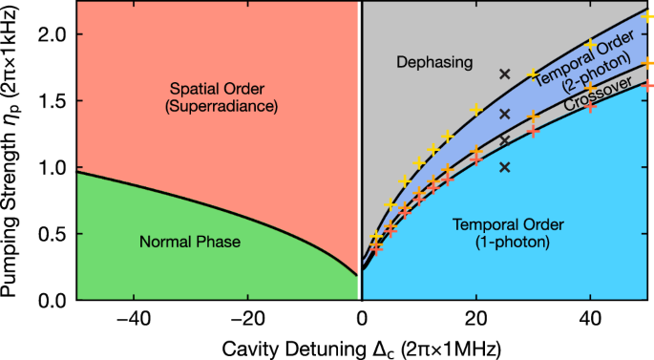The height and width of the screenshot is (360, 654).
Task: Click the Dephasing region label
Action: coord(434,63)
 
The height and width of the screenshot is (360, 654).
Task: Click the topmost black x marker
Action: coord(505,74)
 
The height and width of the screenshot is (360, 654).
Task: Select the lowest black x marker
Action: coord(505,167)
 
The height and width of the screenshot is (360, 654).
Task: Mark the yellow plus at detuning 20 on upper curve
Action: coord(476,110)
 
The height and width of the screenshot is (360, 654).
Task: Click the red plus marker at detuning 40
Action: coord(591,106)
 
